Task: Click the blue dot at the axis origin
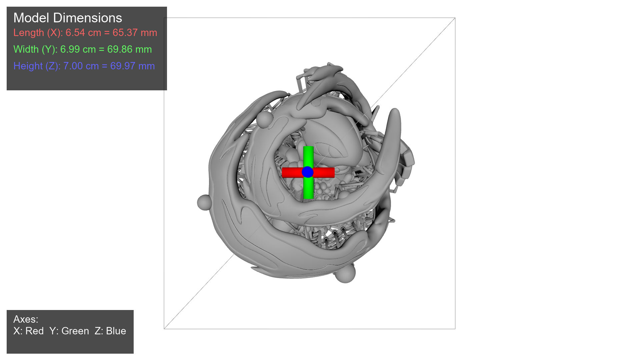pos(307,172)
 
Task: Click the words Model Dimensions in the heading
pos(68,18)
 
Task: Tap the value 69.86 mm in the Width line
pos(129,49)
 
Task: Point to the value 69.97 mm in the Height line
pos(132,66)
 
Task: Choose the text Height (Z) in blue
pos(37,66)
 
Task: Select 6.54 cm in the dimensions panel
pos(83,33)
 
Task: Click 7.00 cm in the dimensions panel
pos(81,66)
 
